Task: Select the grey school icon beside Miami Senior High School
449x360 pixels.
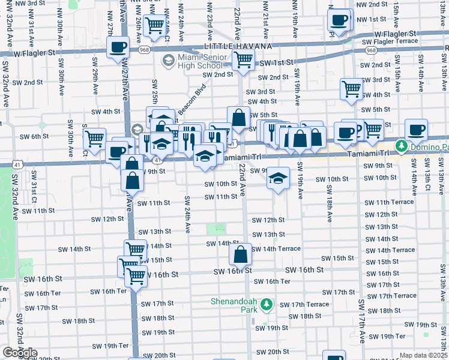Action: pos(168,61)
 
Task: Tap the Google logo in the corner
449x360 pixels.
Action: pos(20,353)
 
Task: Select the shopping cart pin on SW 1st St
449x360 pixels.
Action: pos(243,59)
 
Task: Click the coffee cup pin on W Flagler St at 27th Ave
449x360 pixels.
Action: pos(118,47)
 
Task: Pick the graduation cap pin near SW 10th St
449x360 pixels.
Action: pos(278,178)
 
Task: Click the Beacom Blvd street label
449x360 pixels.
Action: pos(191,92)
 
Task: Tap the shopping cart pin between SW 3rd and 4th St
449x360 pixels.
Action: pos(352,89)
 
